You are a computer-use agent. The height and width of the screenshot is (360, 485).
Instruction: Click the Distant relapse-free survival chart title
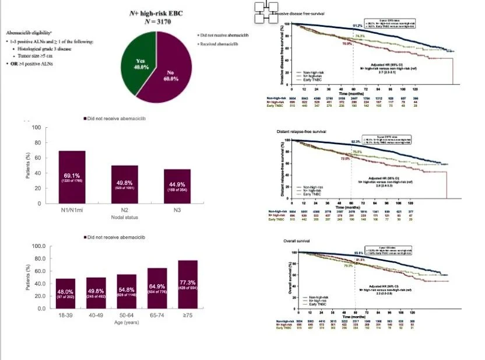tap(303, 131)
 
